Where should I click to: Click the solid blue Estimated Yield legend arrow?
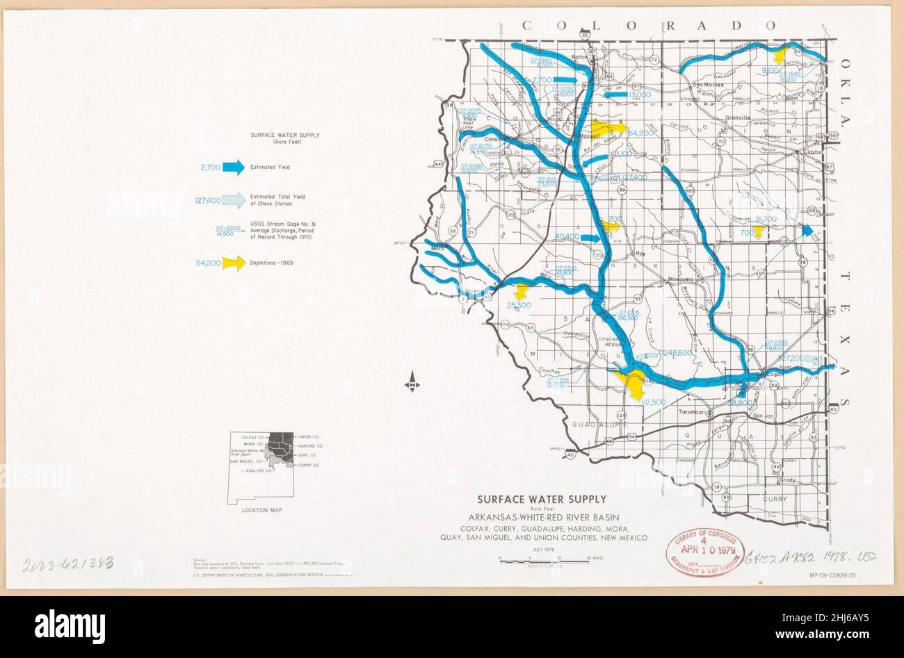[234, 167]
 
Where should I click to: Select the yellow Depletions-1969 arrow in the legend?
[234, 263]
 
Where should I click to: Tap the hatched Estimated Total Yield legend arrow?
[234, 200]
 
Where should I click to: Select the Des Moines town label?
[709, 85]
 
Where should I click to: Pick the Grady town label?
[787, 480]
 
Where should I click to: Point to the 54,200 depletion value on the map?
[640, 132]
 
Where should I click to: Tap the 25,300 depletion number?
[519, 305]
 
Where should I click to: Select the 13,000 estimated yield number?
[638, 94]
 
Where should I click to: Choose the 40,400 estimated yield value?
[567, 237]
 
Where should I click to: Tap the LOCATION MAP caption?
[261, 510]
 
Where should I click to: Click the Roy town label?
[640, 254]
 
